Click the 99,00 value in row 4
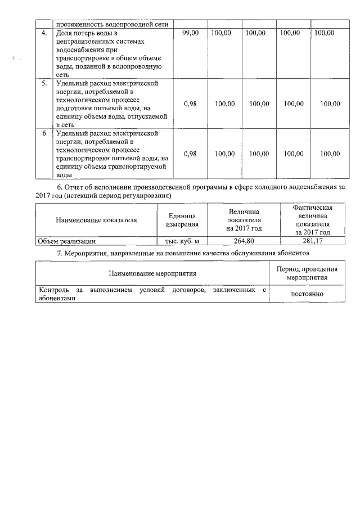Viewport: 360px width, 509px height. pos(191,33)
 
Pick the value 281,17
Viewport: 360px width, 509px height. pos(313,241)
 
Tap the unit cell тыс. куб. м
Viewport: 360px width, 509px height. pos(182,241)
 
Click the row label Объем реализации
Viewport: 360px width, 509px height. pos(66,241)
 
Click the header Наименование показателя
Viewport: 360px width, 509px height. pos(96,220)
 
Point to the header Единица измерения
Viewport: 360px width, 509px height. pos(182,220)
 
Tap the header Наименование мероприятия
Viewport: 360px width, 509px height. pos(152,273)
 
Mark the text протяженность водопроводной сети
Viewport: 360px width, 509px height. pos(112,24)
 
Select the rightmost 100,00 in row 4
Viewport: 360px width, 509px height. pos(324,33)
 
